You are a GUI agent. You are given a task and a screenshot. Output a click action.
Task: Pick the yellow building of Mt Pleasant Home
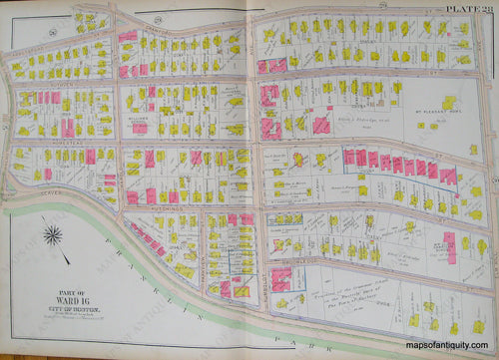point(448,102)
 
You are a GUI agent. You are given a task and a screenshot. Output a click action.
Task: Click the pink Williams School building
point(141,128)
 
